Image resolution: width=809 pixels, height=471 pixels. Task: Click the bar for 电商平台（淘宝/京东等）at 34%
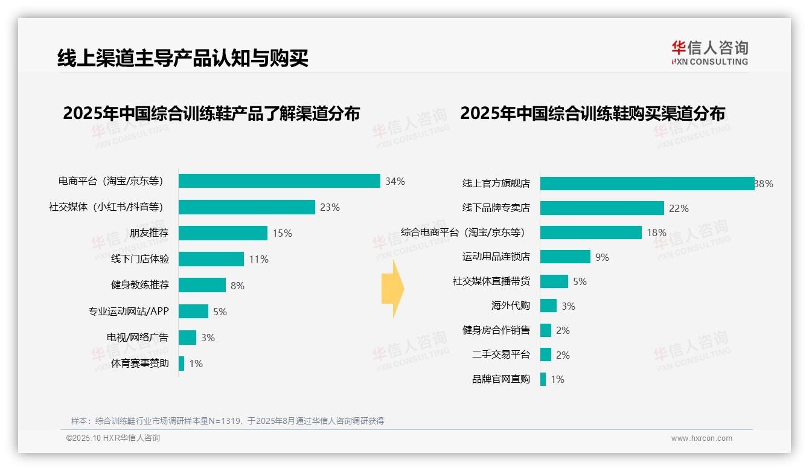click(x=279, y=181)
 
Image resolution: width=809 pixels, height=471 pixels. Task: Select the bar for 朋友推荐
click(x=223, y=233)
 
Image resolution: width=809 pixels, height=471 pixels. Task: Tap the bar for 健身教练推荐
click(x=202, y=285)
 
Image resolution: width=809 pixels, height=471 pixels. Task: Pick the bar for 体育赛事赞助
click(x=181, y=364)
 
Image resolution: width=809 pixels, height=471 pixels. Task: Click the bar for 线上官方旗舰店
click(x=647, y=184)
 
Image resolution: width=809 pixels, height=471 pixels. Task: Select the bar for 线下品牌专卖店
click(x=602, y=208)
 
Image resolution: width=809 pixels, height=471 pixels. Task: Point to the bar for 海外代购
click(x=548, y=306)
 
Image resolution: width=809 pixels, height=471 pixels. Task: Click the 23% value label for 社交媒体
click(x=330, y=207)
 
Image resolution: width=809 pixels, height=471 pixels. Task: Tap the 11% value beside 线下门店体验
click(x=258, y=259)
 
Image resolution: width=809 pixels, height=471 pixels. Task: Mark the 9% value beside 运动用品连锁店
click(x=602, y=257)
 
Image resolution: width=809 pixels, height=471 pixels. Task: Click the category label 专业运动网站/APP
click(x=129, y=312)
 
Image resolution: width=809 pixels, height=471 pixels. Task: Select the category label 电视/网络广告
click(x=138, y=338)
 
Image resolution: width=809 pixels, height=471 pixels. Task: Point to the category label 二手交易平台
click(x=500, y=355)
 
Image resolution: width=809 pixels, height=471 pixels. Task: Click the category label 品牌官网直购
click(x=500, y=379)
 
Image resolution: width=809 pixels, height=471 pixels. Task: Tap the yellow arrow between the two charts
click(x=393, y=289)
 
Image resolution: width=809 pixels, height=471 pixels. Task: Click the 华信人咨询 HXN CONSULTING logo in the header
click(x=709, y=53)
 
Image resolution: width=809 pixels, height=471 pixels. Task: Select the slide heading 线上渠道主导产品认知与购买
click(x=183, y=58)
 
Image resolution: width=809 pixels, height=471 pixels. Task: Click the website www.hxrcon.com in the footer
click(x=702, y=438)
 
